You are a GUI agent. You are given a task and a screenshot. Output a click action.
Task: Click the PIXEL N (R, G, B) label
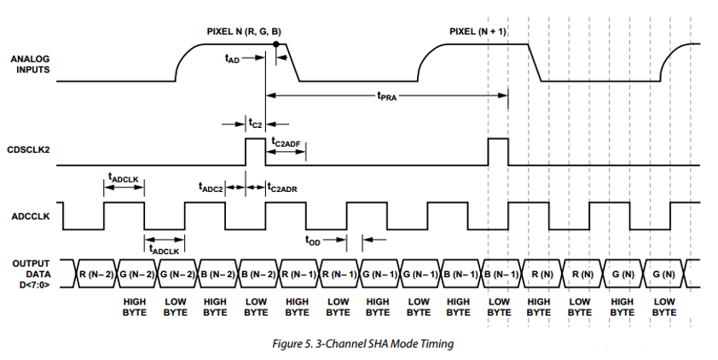(244, 32)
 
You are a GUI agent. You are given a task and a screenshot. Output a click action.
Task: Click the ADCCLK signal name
(31, 216)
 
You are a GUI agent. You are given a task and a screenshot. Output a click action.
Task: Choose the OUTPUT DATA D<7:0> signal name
(32, 273)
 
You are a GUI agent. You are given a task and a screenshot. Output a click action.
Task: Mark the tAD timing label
(232, 59)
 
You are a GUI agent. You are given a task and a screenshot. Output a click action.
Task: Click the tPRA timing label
(387, 96)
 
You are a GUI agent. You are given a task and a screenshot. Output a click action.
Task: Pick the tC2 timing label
(254, 124)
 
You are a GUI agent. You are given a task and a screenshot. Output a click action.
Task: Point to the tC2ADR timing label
(281, 187)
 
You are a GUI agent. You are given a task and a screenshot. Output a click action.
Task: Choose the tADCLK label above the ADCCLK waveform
(124, 177)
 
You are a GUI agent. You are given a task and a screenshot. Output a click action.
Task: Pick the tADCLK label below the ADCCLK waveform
(163, 250)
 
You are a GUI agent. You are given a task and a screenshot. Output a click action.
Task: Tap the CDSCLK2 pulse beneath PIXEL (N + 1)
(498, 151)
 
